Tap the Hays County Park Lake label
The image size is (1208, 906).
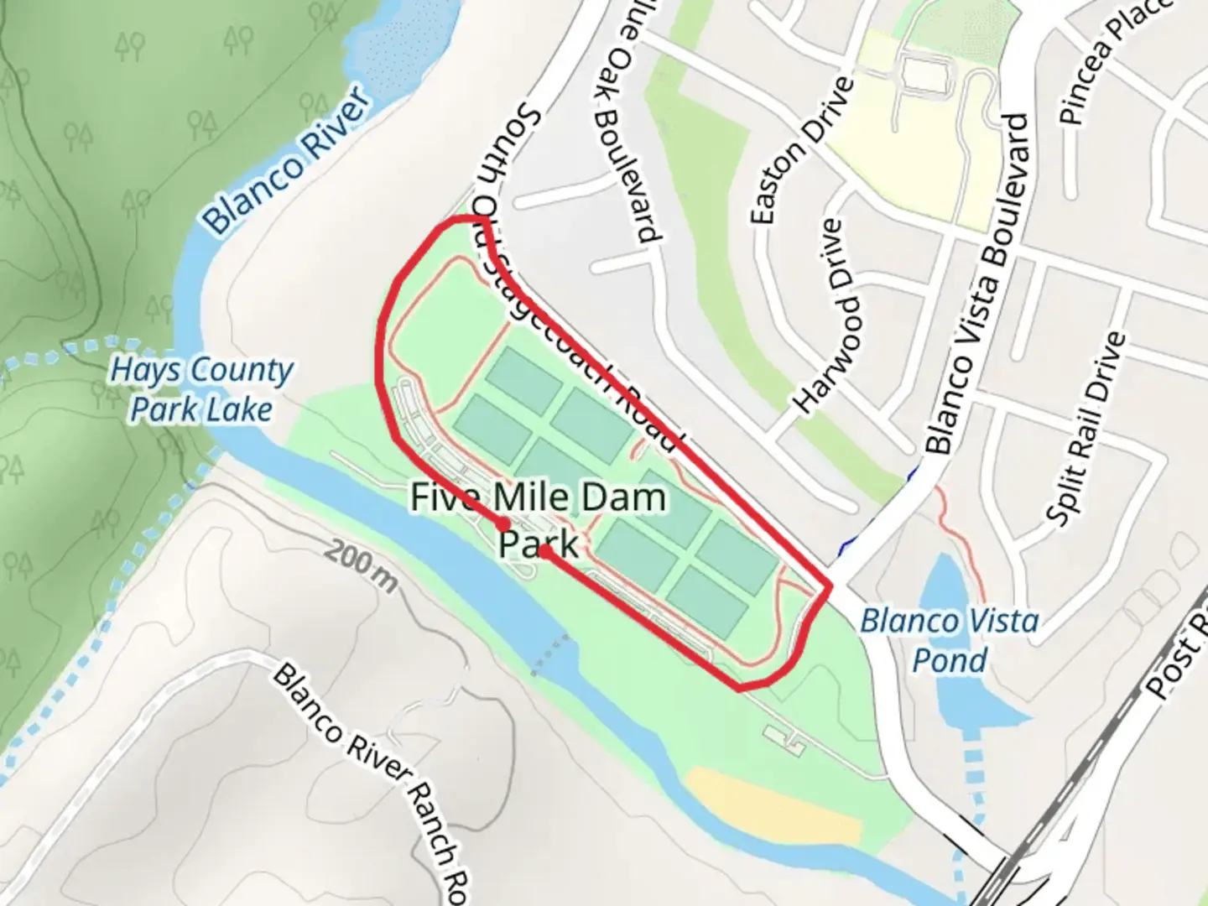click(201, 389)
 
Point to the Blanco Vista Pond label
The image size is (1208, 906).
click(950, 639)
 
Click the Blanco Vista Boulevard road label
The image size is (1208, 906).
click(977, 285)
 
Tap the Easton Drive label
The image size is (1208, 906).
click(801, 151)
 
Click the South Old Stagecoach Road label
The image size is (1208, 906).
click(579, 277)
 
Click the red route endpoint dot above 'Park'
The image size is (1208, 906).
click(545, 551)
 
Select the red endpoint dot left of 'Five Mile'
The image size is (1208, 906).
click(504, 523)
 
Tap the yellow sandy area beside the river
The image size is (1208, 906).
click(772, 805)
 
